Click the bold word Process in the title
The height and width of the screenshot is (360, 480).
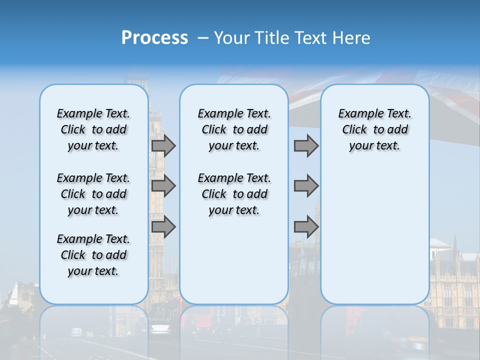[154, 37]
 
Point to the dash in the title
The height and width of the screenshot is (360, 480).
[203, 38]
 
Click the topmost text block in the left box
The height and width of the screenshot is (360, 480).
[93, 129]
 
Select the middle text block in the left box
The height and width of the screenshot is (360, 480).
[93, 194]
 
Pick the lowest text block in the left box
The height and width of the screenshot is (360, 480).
[93, 255]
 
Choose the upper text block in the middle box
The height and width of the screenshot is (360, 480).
[234, 129]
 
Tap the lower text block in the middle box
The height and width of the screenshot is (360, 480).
[234, 194]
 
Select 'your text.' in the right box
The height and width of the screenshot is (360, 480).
[374, 146]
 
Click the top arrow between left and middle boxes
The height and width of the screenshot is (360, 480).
[163, 146]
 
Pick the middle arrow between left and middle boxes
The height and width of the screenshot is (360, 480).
[163, 186]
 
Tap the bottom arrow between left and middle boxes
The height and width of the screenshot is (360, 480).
[163, 227]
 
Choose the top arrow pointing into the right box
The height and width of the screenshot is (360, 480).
[306, 146]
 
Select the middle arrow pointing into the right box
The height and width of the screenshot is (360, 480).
[306, 186]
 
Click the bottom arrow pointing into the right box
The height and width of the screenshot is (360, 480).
[306, 227]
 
